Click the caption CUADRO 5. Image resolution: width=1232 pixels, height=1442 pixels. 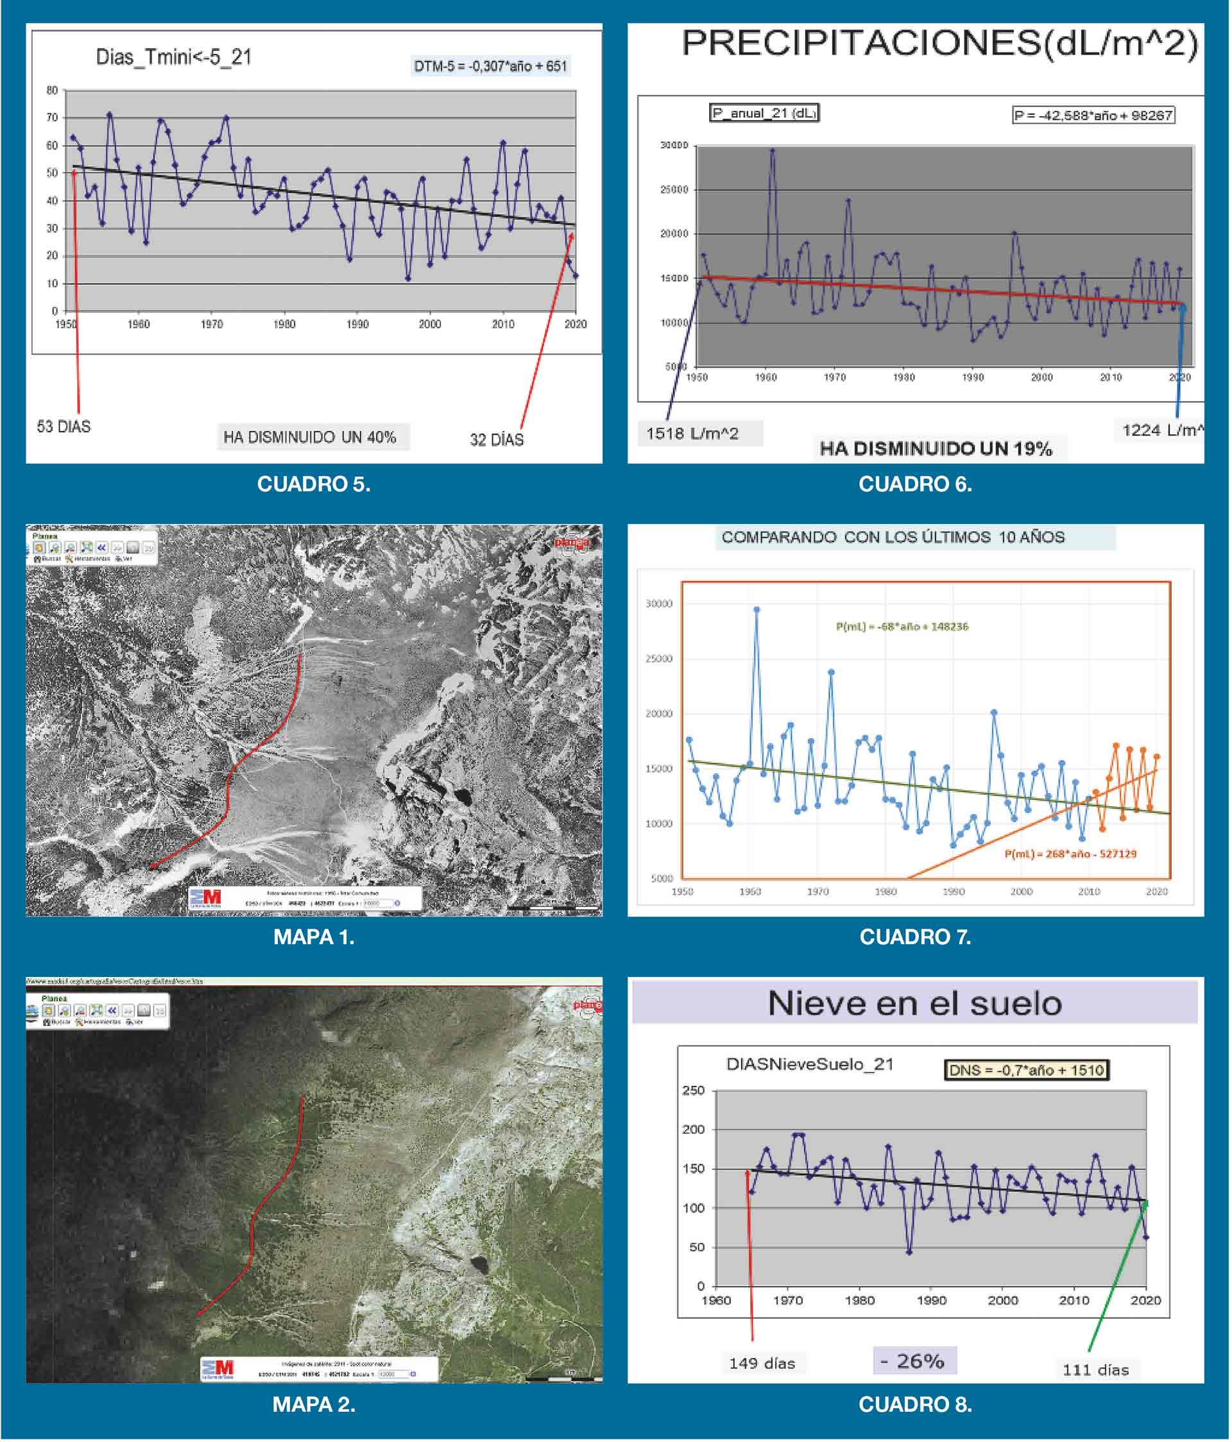(x=313, y=484)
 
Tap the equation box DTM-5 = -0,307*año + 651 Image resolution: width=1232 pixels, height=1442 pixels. (x=490, y=66)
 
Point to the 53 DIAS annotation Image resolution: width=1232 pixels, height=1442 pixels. (x=64, y=427)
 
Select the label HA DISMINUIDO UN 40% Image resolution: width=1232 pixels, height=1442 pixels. (x=309, y=437)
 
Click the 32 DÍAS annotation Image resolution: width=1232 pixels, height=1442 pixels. (x=496, y=440)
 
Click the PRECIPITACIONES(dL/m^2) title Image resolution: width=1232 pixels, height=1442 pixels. (x=939, y=43)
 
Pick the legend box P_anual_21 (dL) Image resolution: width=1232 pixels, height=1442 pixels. (x=764, y=113)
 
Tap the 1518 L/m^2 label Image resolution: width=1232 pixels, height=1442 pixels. (x=692, y=434)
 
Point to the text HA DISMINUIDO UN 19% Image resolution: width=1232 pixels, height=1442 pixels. (x=936, y=449)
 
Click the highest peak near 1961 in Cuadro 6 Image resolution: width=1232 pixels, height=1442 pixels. (x=772, y=149)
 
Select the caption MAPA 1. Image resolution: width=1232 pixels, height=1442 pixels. (x=313, y=937)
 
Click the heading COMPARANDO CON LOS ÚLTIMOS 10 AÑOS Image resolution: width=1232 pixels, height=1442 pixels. (x=893, y=538)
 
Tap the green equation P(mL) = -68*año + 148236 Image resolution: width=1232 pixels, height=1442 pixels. (x=902, y=626)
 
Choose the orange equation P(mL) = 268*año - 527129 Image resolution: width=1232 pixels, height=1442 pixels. (x=1070, y=854)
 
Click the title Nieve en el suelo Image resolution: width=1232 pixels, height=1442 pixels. (x=914, y=1003)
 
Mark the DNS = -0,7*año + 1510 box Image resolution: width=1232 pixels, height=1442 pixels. (x=1026, y=1070)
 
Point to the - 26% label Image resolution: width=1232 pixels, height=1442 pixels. (x=914, y=1361)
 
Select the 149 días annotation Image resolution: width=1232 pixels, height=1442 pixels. (x=762, y=1363)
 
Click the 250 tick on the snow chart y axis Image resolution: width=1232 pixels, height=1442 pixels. (x=693, y=1090)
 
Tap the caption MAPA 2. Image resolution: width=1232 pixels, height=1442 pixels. (x=313, y=1404)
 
